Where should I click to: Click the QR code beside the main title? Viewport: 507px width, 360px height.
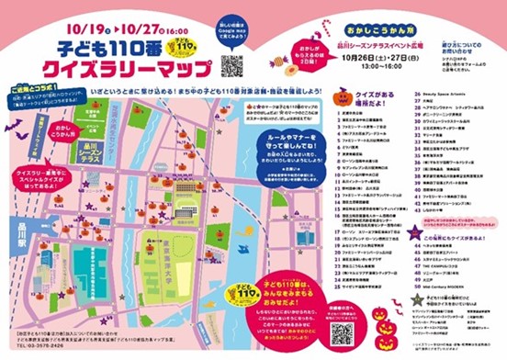pyautogui.click(x=232, y=65)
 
